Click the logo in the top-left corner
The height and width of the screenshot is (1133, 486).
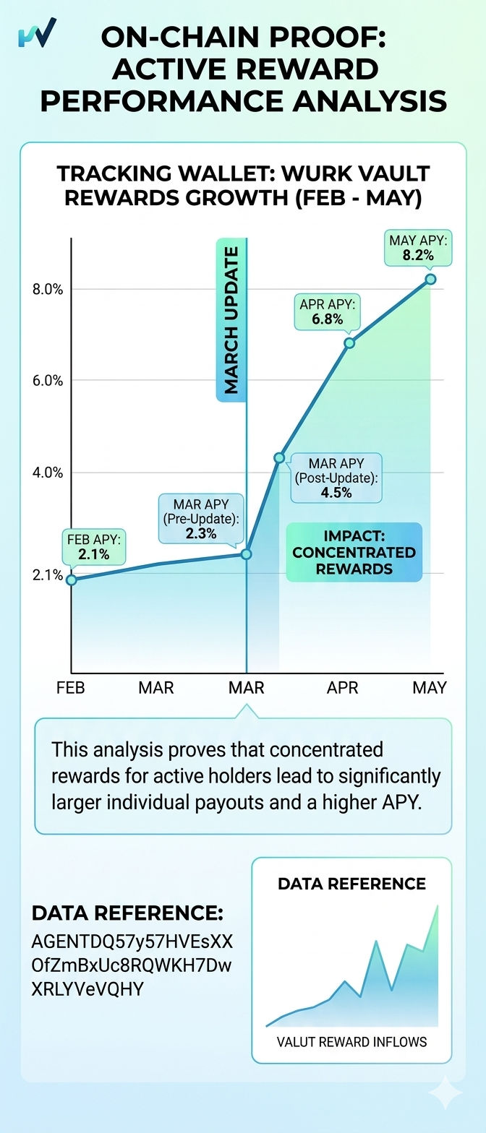pos(37,33)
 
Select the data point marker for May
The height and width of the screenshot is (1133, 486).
pos(430,279)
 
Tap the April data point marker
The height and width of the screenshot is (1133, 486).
pos(349,343)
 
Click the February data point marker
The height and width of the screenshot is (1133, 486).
pos(72,580)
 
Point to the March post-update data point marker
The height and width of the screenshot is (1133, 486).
pos(279,458)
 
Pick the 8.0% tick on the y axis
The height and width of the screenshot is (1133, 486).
pos(48,289)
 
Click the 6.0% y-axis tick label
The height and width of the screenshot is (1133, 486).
pos(48,380)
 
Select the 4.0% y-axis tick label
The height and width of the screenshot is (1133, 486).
pos(48,473)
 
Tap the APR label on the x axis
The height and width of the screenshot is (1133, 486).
pos(343,688)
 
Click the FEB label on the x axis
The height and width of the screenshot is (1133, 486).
pos(71,688)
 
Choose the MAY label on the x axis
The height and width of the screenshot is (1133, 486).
pos(430,688)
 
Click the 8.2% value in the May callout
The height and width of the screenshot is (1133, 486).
pos(418,256)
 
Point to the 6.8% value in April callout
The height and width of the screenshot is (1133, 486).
pos(328,319)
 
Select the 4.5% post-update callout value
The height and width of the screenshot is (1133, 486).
pos(336,493)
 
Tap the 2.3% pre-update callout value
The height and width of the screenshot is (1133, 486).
pos(201,533)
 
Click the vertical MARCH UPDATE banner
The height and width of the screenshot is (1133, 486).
pos(231,319)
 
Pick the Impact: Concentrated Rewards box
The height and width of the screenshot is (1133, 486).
pos(354,552)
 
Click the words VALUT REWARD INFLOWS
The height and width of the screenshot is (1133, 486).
pos(351,1041)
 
